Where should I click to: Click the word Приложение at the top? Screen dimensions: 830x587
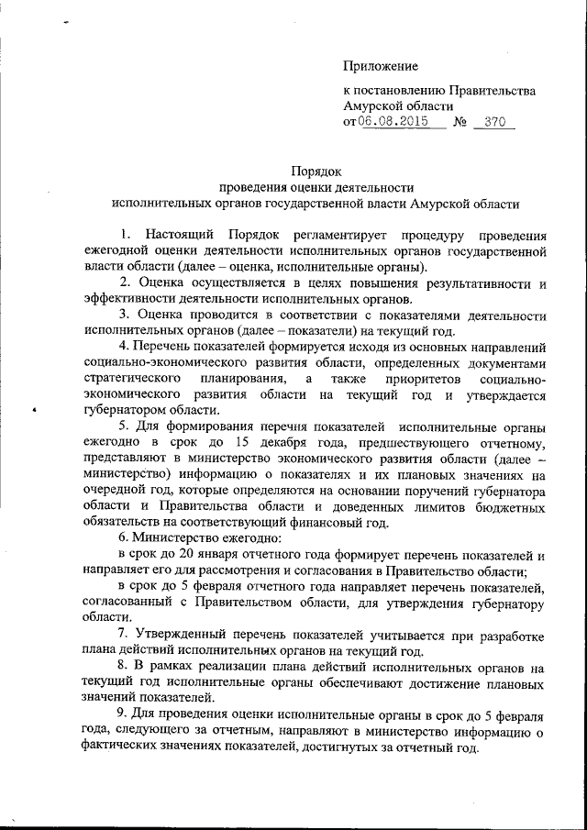pos(381,66)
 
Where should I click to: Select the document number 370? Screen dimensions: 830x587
pos(495,122)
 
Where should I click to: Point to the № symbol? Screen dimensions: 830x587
pos(460,123)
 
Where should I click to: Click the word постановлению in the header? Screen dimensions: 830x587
pos(402,91)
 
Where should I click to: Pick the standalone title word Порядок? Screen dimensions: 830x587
pos(316,171)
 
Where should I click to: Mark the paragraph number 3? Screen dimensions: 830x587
pos(124,315)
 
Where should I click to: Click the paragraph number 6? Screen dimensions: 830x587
pos(124,538)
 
